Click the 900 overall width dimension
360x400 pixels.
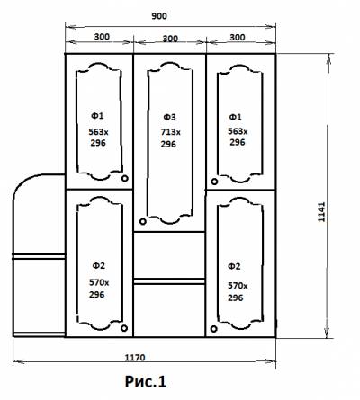click(159, 16)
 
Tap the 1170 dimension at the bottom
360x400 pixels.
click(135, 358)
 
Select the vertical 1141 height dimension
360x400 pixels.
click(321, 212)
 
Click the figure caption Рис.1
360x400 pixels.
click(146, 381)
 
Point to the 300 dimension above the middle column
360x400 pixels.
click(170, 39)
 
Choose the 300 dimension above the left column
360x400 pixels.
click(102, 37)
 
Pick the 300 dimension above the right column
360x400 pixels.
click(238, 38)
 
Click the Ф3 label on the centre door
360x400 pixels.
click(169, 117)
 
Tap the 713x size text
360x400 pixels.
click(170, 132)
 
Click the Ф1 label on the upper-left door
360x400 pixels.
click(97, 116)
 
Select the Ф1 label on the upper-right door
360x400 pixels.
click(235, 117)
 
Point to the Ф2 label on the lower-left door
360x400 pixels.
click(98, 265)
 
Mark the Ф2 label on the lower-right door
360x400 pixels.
click(234, 266)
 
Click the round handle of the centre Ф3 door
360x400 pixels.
click(143, 221)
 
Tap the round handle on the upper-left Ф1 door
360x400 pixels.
click(125, 179)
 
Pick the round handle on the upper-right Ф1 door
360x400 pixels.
click(214, 182)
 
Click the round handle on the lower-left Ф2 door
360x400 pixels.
click(124, 328)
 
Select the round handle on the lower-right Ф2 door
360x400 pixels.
click(213, 329)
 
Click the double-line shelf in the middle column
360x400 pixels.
click(169, 281)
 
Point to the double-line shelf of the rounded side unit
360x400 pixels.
click(39, 256)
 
